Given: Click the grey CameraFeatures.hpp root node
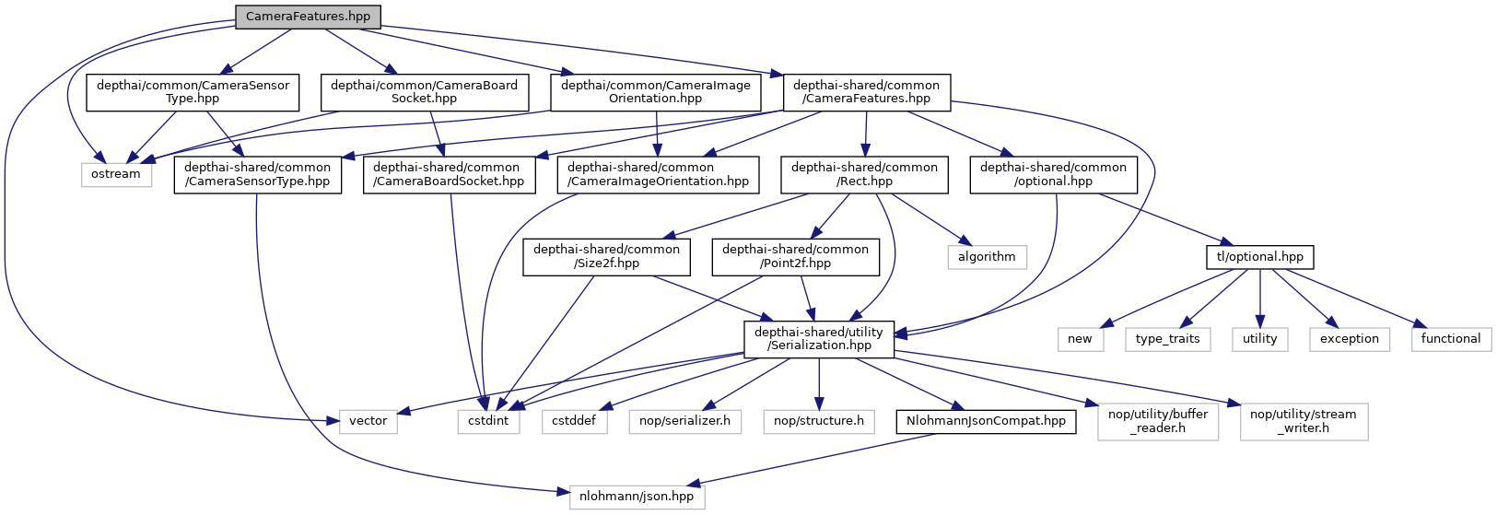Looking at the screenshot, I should (x=308, y=17).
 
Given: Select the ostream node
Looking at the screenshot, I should (x=116, y=174).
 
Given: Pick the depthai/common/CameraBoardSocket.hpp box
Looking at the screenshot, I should (x=424, y=92).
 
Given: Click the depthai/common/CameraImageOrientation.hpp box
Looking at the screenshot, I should (x=655, y=92).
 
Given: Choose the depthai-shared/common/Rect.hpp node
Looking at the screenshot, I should (x=864, y=174).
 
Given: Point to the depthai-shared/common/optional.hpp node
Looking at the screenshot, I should (x=1053, y=174).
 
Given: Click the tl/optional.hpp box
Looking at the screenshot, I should (x=1259, y=256).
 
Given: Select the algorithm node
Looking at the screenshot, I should (x=987, y=256).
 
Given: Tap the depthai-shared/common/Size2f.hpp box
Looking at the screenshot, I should (x=606, y=256).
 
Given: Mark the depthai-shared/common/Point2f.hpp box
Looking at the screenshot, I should (x=795, y=256).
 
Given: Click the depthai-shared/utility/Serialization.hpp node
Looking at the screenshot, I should (x=819, y=338).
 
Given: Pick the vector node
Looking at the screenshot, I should (x=368, y=421).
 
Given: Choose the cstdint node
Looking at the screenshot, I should (x=489, y=421).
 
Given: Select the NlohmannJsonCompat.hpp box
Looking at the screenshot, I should (x=986, y=421).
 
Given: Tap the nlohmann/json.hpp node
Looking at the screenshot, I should (x=637, y=497).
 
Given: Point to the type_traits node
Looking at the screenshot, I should (x=1167, y=338).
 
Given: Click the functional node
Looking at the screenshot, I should (x=1450, y=338).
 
